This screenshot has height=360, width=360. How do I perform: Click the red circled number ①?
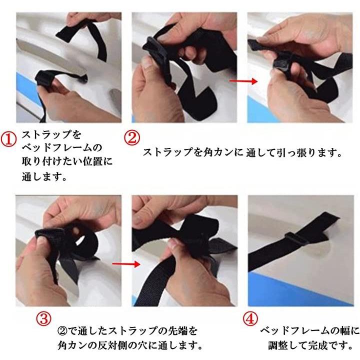tap(8, 139)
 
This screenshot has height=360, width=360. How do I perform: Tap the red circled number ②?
tap(132, 137)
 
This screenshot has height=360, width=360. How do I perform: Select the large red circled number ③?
tap(43, 318)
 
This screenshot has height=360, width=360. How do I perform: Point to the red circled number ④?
tap(250, 318)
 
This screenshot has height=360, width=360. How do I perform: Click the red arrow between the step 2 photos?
tap(243, 81)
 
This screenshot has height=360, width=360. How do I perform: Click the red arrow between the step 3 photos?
tap(126, 264)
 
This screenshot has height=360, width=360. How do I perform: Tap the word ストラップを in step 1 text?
tap(51, 134)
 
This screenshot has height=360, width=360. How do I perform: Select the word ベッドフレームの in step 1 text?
tap(62, 147)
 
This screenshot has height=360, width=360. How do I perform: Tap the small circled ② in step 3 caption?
tap(62, 331)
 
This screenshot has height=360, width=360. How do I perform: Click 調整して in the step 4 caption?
tap(288, 345)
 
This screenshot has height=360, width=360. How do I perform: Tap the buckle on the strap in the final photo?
tap(296, 239)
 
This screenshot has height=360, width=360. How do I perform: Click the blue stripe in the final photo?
tap(298, 289)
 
